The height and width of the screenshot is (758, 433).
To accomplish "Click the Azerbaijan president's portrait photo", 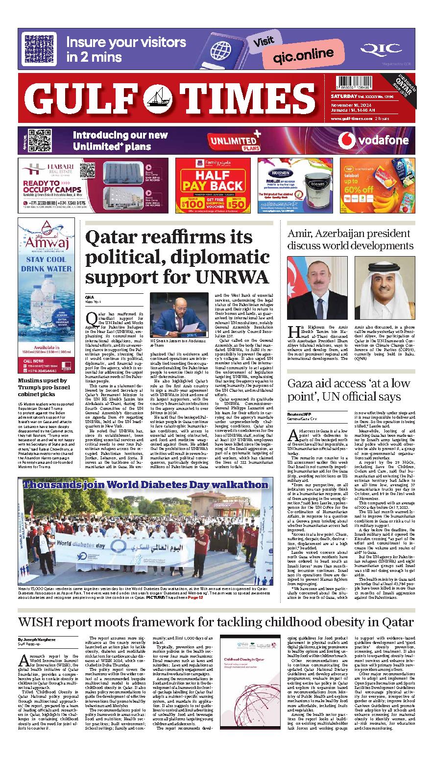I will click(317, 287).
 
